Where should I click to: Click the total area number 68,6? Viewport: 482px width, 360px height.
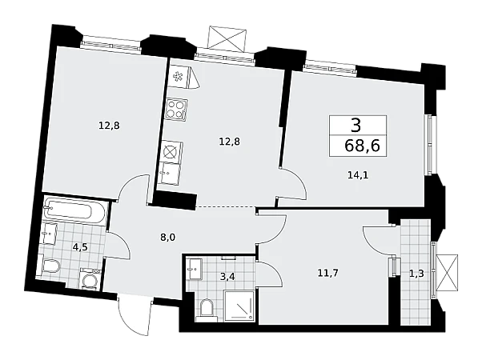point(363,146)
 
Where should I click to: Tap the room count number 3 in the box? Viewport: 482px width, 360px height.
point(355,126)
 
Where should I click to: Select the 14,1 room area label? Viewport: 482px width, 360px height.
point(358,175)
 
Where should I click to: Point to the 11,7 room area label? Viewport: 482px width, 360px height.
point(328,273)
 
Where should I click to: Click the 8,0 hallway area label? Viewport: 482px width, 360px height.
point(168,237)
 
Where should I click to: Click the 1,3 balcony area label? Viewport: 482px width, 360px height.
point(416,274)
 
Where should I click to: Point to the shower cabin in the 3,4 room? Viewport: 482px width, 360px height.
point(239,306)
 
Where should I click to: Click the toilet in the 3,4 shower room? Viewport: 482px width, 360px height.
point(207,310)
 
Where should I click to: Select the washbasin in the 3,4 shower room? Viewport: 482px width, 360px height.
point(195,269)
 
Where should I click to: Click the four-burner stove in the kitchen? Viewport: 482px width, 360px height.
point(176,109)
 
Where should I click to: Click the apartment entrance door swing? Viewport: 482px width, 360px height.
point(135,314)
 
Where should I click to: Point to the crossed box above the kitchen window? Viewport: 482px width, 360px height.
point(227,37)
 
